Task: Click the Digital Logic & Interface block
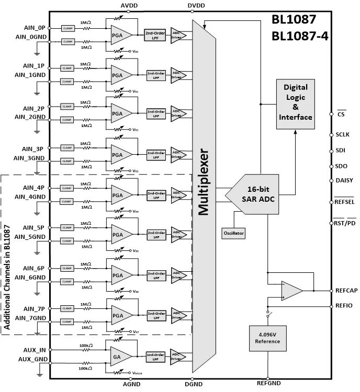(x=295, y=102)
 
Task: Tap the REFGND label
(x=267, y=387)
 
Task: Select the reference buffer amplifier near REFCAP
(x=291, y=291)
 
